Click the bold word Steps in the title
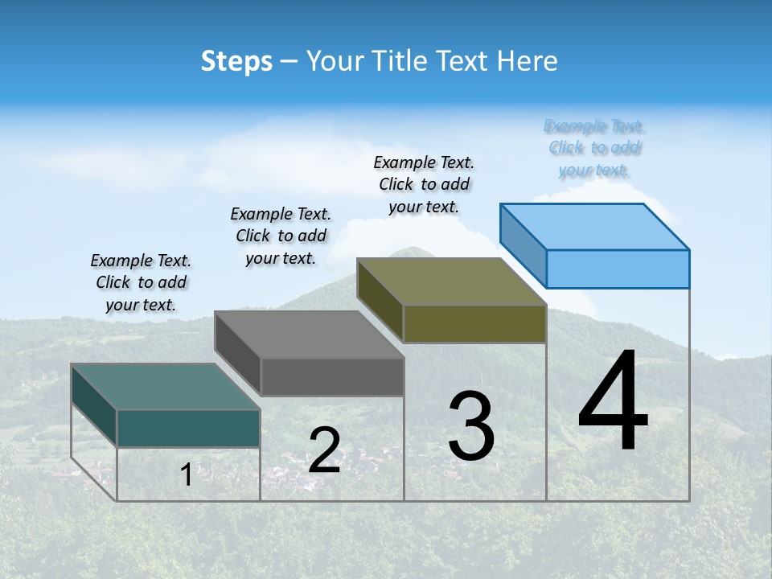click(236, 61)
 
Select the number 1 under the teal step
click(187, 474)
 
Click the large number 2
click(324, 450)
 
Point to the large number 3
click(471, 426)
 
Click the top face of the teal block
click(165, 386)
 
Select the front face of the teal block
click(188, 428)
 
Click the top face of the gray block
click(309, 334)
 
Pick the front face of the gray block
click(332, 376)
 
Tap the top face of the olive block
click(451, 281)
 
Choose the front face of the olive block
click(474, 323)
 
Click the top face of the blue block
click(594, 226)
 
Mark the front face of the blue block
click(618, 269)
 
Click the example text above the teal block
click(141, 283)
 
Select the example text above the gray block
click(281, 236)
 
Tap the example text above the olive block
click(424, 184)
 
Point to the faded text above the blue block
click(594, 148)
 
